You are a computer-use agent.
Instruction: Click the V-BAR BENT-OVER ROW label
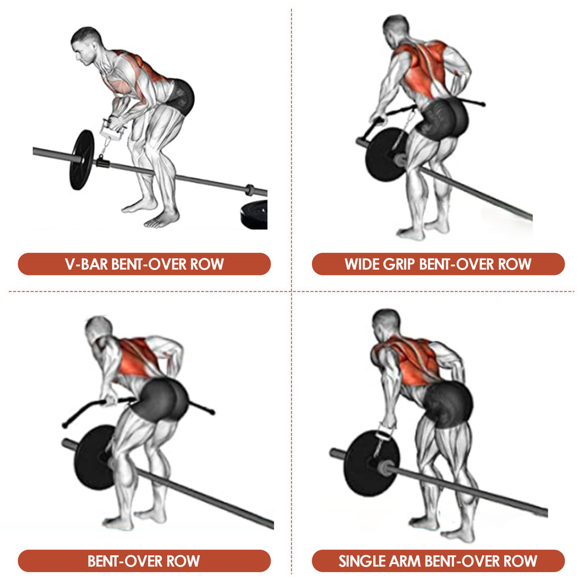point(144,264)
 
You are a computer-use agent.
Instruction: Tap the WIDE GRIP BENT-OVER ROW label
point(438,264)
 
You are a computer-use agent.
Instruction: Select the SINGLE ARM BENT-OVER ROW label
point(438,561)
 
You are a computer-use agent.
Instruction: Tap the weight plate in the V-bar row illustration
point(82,159)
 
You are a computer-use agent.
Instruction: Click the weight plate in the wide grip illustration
point(387,154)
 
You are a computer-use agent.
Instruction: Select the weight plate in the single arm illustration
point(372,463)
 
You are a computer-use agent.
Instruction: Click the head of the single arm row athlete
point(386,324)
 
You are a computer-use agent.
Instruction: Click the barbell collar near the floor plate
point(249,190)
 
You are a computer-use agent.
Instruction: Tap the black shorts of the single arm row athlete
point(448,404)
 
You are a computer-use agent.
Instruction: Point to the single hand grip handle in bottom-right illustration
point(385,433)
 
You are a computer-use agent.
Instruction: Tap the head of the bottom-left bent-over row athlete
point(99,331)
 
